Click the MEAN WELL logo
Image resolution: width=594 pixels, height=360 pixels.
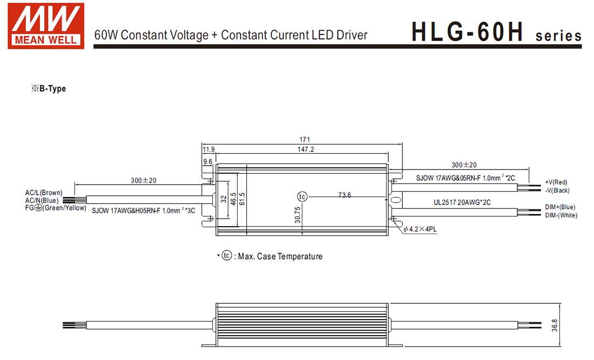point(46,26)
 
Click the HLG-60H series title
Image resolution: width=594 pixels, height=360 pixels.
point(496,32)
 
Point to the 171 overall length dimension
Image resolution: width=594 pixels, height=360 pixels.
point(305,139)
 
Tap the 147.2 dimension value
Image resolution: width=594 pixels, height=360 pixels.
point(305,150)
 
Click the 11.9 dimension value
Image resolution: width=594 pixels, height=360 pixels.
point(208,150)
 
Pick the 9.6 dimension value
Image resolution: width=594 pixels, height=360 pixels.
point(207,161)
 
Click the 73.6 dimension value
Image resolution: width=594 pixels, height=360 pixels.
point(345,195)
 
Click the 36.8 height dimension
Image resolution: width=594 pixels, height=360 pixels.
point(554,325)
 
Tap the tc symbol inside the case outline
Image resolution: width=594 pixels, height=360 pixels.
point(302,196)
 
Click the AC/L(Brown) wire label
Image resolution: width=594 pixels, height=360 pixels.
point(44,193)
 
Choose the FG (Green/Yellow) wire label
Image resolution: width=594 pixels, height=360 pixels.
point(56,208)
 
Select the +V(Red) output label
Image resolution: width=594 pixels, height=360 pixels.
point(556,182)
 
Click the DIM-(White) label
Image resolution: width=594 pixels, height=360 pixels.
point(561,215)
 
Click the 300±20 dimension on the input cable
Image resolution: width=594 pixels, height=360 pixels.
point(144,180)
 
